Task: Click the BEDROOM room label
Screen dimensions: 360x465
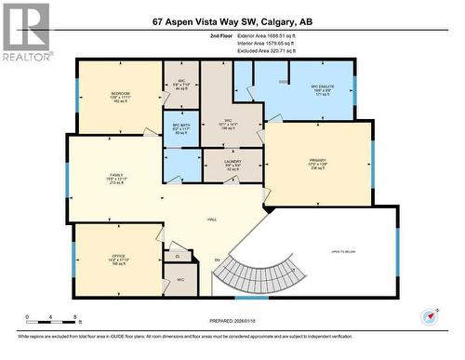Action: point(120,93)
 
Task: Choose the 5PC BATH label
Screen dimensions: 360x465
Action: point(181,127)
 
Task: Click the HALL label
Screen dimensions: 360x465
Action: point(212,220)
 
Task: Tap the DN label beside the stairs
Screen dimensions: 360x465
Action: point(217,260)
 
